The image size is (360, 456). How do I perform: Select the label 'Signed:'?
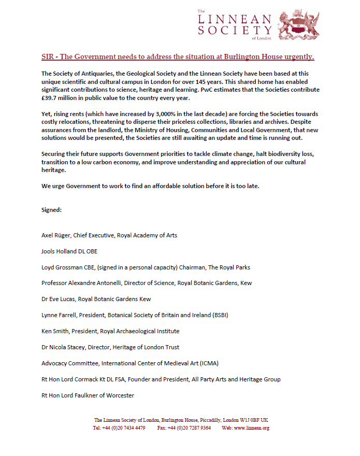click(x=52, y=210)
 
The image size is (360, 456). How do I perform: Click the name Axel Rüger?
click(x=56, y=235)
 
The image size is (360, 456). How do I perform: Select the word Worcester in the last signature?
click(x=118, y=395)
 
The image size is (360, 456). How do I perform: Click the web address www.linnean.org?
click(x=253, y=428)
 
